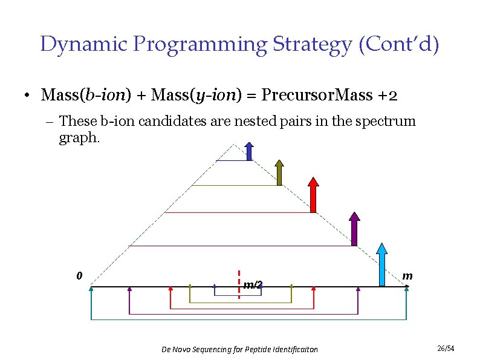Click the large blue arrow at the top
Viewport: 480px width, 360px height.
[249, 151]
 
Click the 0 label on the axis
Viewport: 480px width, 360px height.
[79, 276]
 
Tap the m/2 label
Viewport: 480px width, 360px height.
[253, 284]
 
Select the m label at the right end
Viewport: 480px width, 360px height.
[407, 276]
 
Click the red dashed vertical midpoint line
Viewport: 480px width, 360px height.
[239, 284]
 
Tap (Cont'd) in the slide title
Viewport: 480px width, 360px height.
[399, 44]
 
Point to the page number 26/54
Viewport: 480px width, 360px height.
[445, 348]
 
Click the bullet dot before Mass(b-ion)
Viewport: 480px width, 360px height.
[28, 96]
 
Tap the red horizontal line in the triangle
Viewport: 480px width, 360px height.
[236, 212]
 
